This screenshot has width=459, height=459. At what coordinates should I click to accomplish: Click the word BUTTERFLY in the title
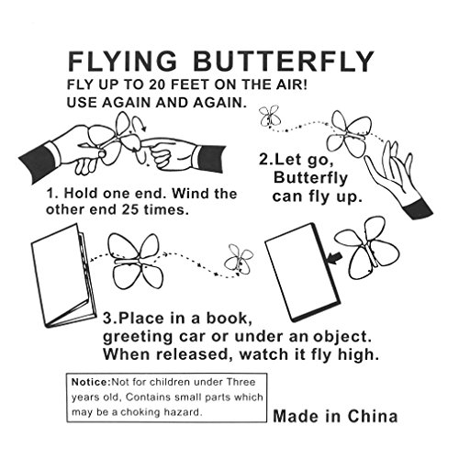[284, 62]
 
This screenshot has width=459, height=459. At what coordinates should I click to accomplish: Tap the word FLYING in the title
[122, 62]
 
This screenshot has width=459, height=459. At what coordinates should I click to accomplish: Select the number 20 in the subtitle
[158, 84]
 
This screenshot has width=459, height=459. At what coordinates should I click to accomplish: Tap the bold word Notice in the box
[90, 382]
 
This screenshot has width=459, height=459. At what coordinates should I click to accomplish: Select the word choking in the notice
[140, 412]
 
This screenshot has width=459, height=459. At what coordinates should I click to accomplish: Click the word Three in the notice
[241, 382]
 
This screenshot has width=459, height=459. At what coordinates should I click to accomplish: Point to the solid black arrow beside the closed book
[334, 258]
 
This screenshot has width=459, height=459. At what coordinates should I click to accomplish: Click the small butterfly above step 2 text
[270, 117]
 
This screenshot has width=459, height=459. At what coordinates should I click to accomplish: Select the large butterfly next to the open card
[135, 262]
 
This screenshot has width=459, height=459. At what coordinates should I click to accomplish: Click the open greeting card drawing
[63, 275]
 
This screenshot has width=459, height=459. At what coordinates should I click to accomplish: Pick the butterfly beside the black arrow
[367, 248]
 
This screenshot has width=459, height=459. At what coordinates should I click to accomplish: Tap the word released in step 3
[193, 354]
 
